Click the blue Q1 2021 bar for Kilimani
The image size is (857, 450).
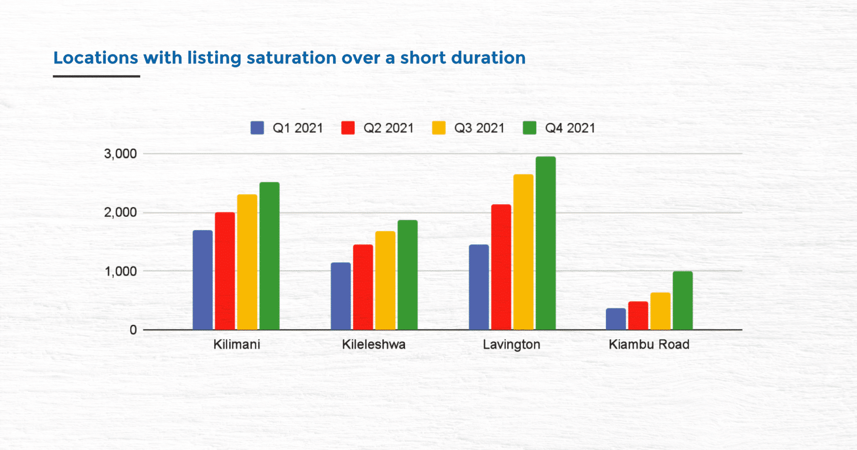click(x=203, y=280)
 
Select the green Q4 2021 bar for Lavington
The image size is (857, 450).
click(x=546, y=243)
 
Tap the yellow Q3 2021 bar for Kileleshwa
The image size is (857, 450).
click(x=385, y=280)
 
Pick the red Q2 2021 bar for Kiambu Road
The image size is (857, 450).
click(x=638, y=316)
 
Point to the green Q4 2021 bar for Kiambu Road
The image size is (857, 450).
click(x=683, y=301)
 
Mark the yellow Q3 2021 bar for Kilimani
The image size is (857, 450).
click(x=247, y=262)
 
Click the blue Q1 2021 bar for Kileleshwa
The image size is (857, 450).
click(x=341, y=296)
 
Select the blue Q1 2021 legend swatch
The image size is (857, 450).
click(x=257, y=128)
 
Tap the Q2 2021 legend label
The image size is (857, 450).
click(x=388, y=128)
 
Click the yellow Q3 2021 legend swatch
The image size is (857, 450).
click(x=439, y=128)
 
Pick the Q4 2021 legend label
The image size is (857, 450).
click(x=570, y=128)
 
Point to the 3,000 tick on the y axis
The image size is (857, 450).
click(x=121, y=154)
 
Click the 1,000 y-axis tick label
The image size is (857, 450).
click(x=121, y=272)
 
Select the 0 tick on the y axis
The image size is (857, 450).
click(x=133, y=330)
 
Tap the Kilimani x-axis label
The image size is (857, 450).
click(x=237, y=345)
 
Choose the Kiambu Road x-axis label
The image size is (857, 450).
click(x=649, y=345)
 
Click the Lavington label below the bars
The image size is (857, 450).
click(x=511, y=345)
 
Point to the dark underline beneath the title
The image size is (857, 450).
click(x=96, y=77)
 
